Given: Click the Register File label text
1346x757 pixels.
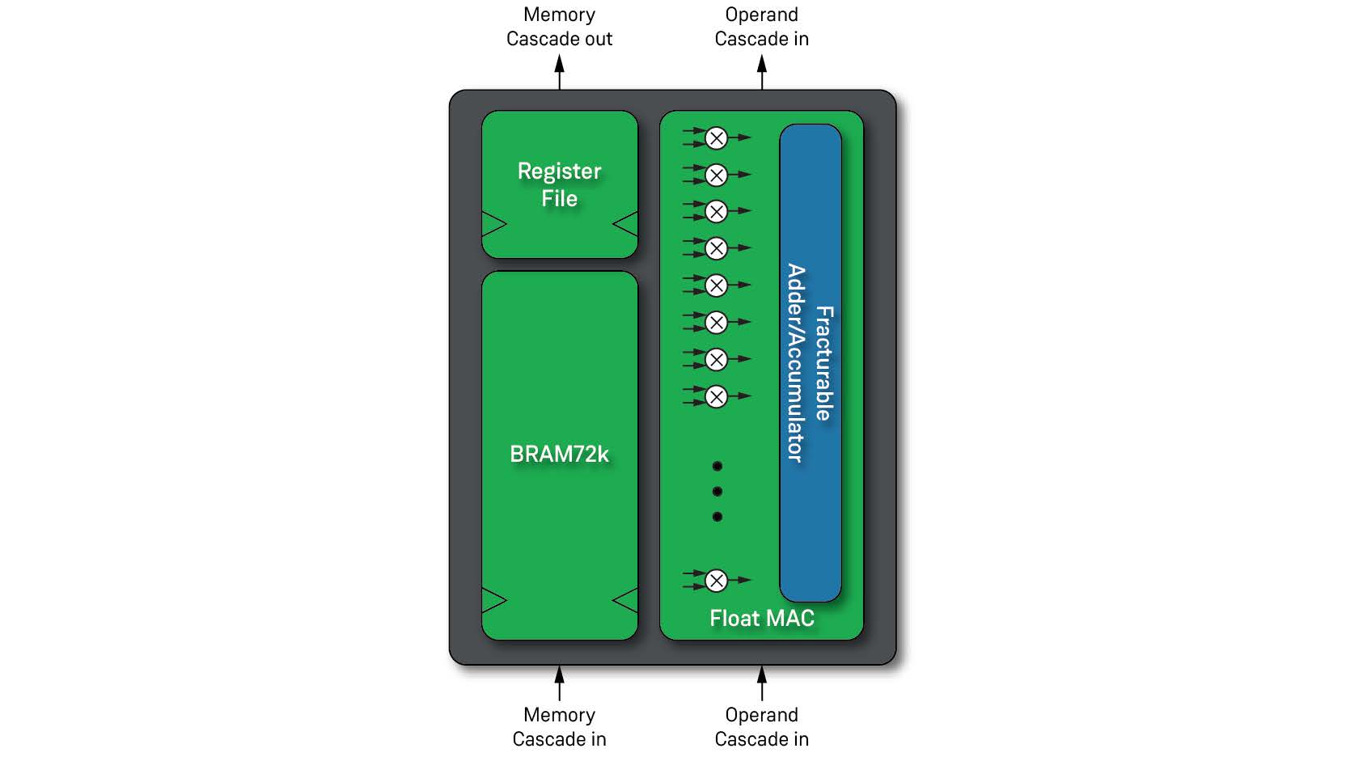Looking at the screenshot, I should [559, 184].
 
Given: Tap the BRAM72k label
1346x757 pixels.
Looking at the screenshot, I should [559, 455].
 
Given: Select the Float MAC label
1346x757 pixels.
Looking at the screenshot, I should [761, 619].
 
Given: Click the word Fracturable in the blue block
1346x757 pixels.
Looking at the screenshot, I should [823, 363].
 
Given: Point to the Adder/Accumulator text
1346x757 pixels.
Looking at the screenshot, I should [796, 363].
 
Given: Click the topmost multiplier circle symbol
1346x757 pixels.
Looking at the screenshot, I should [716, 138].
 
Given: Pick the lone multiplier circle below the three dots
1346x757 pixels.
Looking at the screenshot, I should [716, 580].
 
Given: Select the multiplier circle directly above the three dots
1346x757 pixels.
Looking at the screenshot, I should [716, 396].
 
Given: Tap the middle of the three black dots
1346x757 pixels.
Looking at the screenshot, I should [717, 492].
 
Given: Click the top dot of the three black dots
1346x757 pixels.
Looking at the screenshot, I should [717, 467].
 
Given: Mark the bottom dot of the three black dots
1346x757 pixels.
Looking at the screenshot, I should [717, 517].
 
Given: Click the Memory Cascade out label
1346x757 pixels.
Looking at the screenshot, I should [559, 27].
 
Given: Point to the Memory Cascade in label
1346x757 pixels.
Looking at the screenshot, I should [559, 727].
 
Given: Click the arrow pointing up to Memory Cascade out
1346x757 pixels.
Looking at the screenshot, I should [559, 73].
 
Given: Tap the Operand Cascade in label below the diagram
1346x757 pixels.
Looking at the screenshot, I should [761, 727].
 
